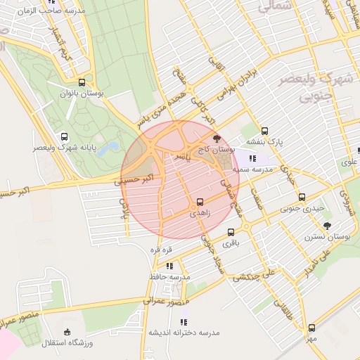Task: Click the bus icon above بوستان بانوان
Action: [82, 82]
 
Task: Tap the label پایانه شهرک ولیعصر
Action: [64, 148]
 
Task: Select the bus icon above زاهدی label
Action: [200, 202]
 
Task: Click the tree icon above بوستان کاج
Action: [217, 139]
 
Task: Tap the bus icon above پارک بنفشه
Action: [265, 131]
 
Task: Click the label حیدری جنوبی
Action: [302, 209]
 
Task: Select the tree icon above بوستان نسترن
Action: [328, 226]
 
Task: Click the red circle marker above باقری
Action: [231, 232]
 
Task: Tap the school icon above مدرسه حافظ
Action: [169, 266]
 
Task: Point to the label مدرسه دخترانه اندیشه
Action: [184, 332]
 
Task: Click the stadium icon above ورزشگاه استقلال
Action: [67, 332]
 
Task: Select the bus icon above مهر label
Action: [311, 328]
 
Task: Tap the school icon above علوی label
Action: [358, 150]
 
